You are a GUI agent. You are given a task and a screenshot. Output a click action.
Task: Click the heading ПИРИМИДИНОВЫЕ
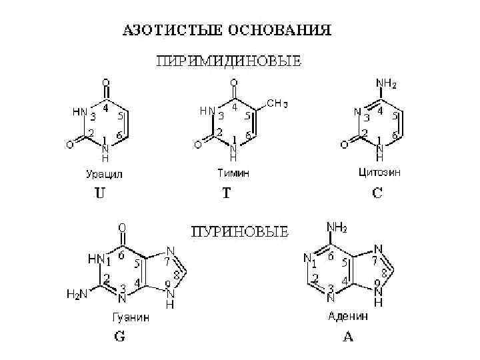click(x=229, y=62)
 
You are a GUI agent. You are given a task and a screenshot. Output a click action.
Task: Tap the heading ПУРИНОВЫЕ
click(x=240, y=232)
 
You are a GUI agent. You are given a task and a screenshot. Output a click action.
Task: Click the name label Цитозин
click(x=379, y=172)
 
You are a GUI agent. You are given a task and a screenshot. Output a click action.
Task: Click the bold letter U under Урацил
click(x=98, y=196)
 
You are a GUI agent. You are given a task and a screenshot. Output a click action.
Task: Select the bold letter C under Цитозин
click(x=377, y=194)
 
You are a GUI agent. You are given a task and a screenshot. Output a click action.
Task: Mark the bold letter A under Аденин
click(x=348, y=337)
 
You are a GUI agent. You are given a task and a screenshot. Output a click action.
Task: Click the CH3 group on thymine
click(x=277, y=103)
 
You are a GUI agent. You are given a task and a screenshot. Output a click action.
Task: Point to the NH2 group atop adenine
click(x=336, y=229)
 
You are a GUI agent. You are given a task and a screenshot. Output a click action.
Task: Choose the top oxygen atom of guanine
click(x=123, y=227)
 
